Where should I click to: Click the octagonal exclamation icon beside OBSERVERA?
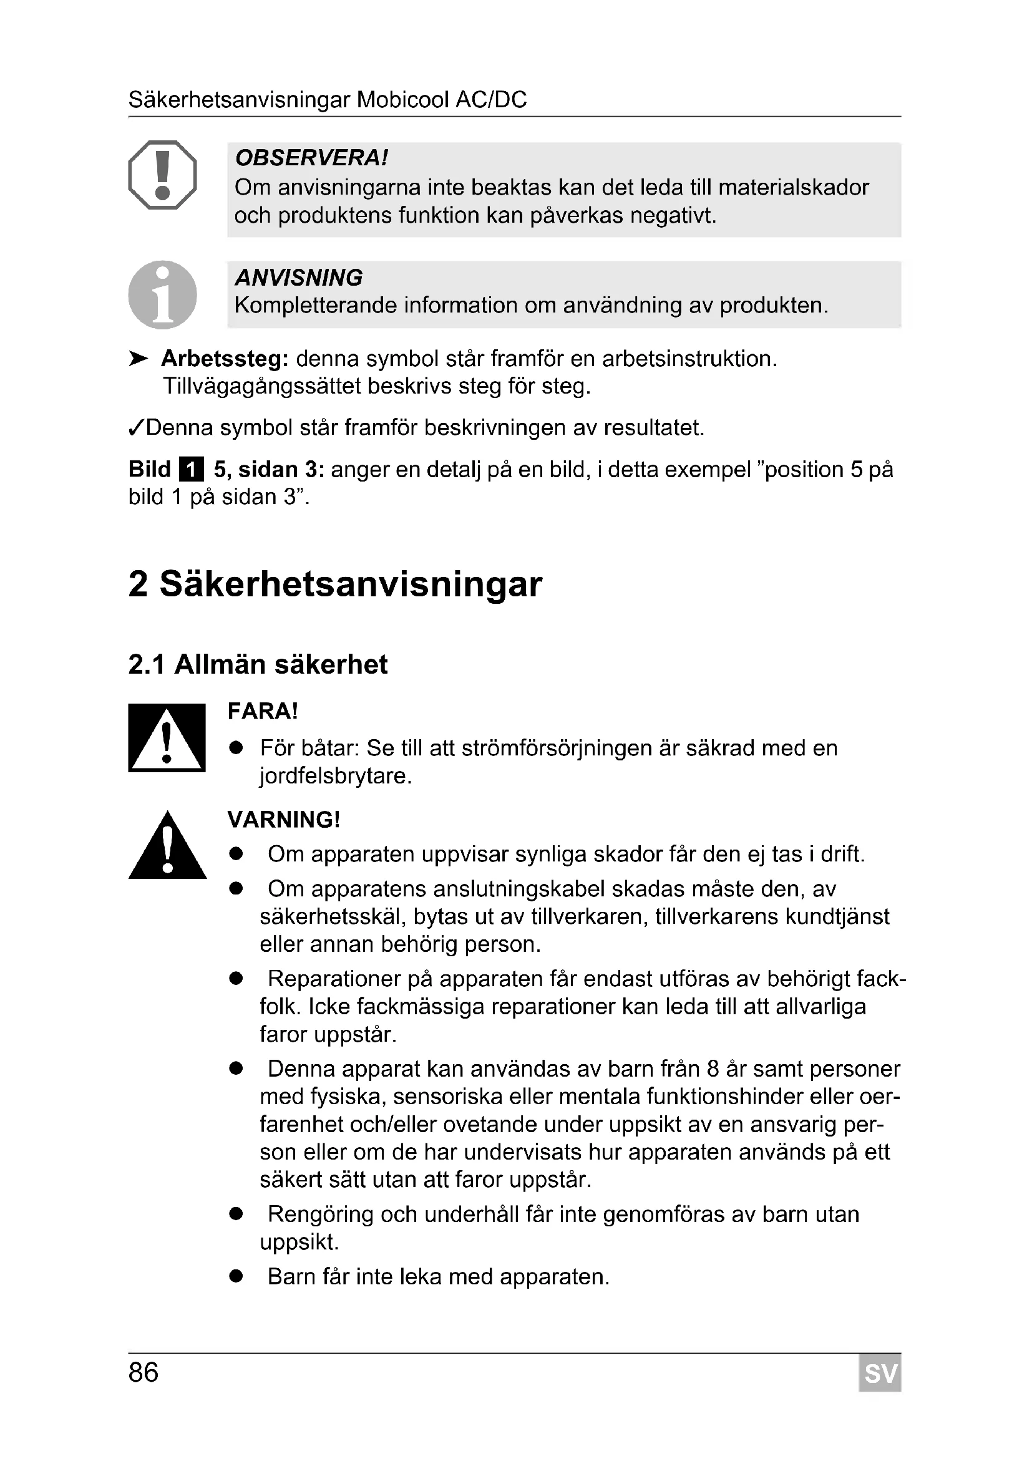click(x=162, y=175)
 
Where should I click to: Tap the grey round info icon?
click(x=162, y=295)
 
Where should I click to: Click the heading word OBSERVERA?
click(x=311, y=158)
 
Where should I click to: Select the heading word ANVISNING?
click(x=299, y=278)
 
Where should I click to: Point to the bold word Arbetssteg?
click(x=225, y=359)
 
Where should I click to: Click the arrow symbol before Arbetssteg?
click(x=138, y=359)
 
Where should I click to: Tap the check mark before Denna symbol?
click(x=136, y=428)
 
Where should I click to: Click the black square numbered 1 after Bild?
click(x=192, y=470)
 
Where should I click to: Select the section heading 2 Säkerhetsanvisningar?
click(x=335, y=583)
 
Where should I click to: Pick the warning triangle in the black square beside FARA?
click(x=167, y=738)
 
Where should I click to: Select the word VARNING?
click(x=283, y=820)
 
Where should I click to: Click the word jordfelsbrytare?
click(x=336, y=776)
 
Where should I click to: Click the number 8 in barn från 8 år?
click(x=713, y=1070)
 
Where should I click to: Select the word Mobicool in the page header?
click(x=402, y=100)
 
